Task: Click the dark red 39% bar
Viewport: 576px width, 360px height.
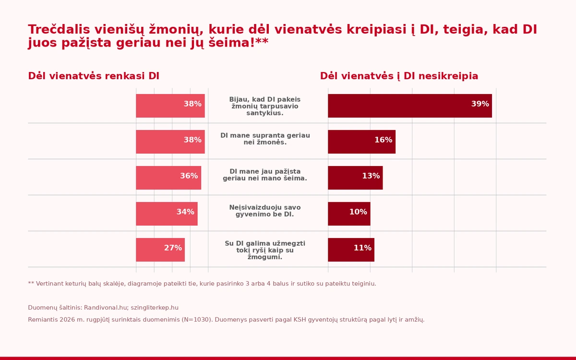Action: point(410,106)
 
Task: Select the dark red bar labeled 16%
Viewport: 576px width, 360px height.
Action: point(362,142)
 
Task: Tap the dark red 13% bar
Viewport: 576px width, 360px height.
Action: point(355,178)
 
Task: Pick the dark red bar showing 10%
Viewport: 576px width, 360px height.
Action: point(349,214)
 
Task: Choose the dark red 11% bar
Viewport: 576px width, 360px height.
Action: point(351,250)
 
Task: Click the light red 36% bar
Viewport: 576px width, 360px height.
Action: point(168,178)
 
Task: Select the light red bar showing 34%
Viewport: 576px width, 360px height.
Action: point(167,214)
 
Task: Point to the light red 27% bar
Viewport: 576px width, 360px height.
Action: point(160,250)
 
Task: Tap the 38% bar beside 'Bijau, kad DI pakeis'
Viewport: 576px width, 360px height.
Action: point(170,106)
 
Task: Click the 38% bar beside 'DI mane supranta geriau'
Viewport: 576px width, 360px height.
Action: point(170,142)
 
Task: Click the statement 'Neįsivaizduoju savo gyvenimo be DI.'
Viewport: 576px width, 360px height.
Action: point(265,211)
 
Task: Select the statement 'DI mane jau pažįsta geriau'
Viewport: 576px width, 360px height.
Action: point(265,175)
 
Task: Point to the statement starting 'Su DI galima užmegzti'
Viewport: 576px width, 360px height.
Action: point(265,250)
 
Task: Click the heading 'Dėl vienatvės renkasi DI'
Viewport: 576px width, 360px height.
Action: point(94,76)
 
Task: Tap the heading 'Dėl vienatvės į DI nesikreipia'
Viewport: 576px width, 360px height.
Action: point(399,76)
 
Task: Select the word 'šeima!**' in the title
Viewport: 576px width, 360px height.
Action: point(239,42)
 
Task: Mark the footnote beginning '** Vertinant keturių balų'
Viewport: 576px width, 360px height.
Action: point(202,284)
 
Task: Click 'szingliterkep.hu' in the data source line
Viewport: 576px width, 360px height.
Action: point(155,308)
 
